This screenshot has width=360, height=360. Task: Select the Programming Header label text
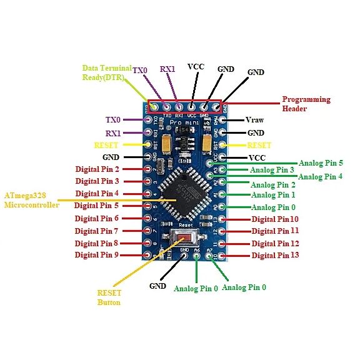[306, 104]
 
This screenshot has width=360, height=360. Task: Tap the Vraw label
[254, 120]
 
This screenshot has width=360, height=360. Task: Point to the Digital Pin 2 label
[97, 169]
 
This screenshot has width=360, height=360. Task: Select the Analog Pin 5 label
[321, 162]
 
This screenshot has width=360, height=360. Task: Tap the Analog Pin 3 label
[272, 170]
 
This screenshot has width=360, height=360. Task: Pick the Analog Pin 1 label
[272, 195]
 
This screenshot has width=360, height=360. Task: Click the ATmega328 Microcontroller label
[31, 200]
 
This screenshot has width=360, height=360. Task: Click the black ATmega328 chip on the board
[181, 194]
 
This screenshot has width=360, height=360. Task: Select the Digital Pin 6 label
[97, 218]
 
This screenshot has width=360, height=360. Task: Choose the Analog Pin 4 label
[321, 177]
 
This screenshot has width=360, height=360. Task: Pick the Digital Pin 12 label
[274, 243]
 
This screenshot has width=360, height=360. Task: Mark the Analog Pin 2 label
[272, 184]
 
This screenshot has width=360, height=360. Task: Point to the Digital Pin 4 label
[97, 194]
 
